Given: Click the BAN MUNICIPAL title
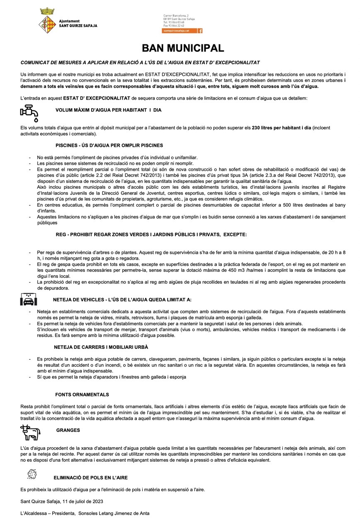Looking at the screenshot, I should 182,48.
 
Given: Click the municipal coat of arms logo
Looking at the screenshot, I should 47,21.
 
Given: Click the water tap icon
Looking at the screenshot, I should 30,112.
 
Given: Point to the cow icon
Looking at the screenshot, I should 30,433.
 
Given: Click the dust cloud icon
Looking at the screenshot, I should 32,474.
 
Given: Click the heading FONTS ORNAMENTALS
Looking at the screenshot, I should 82,395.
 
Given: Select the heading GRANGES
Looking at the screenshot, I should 68,430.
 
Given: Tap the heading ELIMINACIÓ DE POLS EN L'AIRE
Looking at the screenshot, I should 90,477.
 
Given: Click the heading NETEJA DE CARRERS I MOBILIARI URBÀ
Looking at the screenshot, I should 101,347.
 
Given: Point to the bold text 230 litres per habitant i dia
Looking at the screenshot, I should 281,128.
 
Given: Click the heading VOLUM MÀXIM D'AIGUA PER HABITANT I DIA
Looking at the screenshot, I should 108,110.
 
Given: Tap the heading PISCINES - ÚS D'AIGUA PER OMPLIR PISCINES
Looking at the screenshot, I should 109,145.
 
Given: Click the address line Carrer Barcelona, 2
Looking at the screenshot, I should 176,15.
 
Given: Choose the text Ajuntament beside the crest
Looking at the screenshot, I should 69,21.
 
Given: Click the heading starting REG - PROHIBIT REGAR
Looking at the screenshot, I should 151,234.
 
